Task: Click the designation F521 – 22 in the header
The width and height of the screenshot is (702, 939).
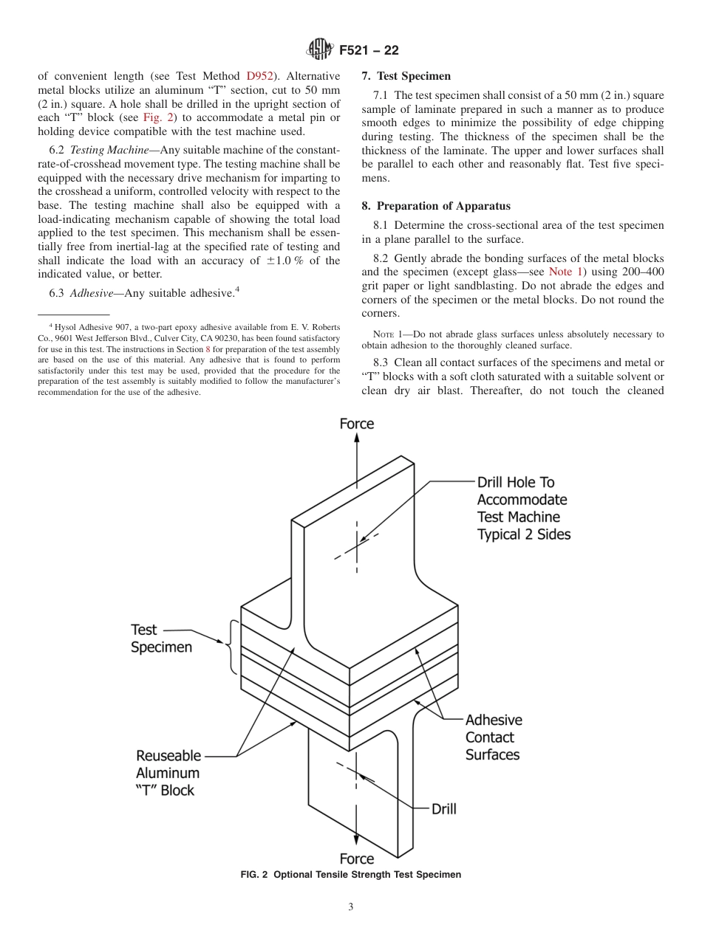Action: click(369, 51)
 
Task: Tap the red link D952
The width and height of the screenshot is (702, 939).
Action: click(260, 76)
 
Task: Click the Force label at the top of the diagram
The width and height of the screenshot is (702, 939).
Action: click(356, 424)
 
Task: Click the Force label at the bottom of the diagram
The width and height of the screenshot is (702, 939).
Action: click(356, 859)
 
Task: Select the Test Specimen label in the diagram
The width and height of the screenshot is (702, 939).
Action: click(161, 639)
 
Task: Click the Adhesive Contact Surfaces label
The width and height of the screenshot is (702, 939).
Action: click(493, 737)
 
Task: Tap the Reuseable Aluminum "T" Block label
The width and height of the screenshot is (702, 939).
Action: click(168, 773)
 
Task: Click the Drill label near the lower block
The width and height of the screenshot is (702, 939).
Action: click(443, 809)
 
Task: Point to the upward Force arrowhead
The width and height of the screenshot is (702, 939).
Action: click(357, 438)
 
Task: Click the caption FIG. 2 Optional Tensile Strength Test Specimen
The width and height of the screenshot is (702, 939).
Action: click(351, 875)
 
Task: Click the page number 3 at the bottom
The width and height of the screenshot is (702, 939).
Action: click(351, 907)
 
